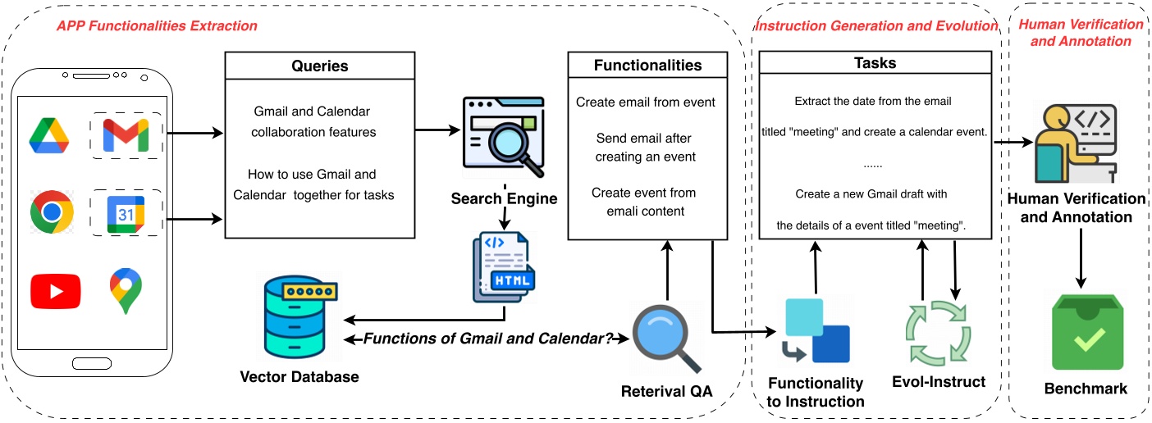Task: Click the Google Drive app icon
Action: pyautogui.click(x=51, y=136)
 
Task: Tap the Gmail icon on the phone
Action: pyautogui.click(x=126, y=135)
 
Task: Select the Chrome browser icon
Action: pyautogui.click(x=52, y=212)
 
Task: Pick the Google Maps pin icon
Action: pyautogui.click(x=124, y=292)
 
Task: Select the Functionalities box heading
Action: pyautogui.click(x=647, y=65)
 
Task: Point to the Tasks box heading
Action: pyautogui.click(x=875, y=63)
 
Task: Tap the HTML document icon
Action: pyautogui.click(x=503, y=268)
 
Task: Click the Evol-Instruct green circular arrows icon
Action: pyautogui.click(x=937, y=334)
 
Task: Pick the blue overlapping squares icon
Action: pyautogui.click(x=815, y=331)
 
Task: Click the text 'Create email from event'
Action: pyautogui.click(x=646, y=102)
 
